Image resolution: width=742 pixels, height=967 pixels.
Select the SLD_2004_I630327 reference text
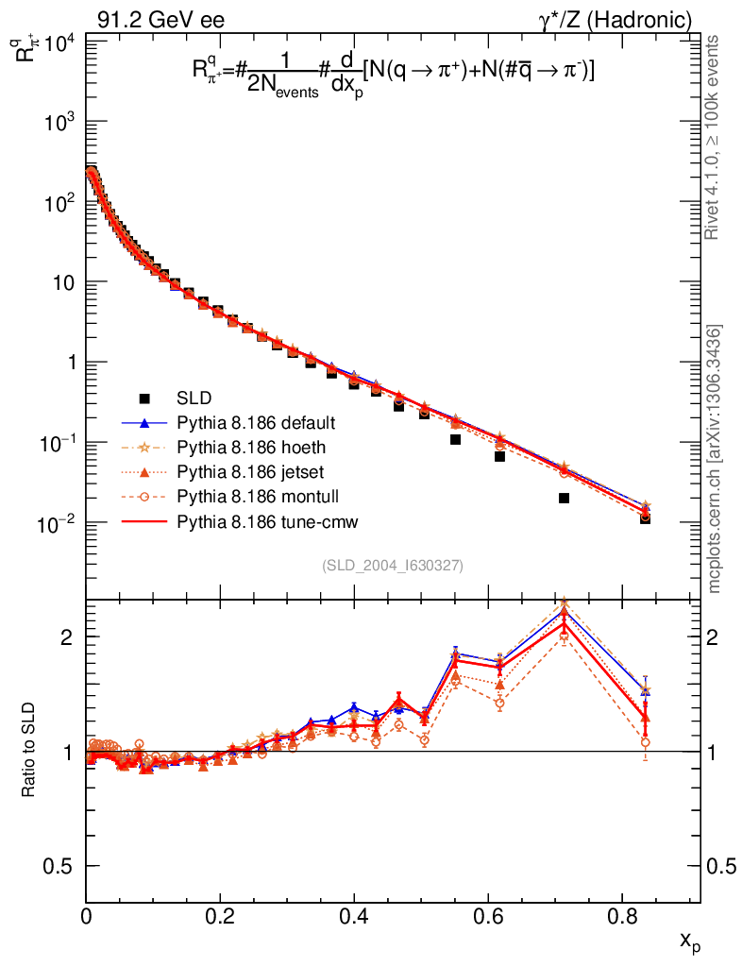393,565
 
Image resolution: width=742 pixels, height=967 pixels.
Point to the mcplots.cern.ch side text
715,458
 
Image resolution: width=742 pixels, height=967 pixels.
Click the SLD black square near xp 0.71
564,498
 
